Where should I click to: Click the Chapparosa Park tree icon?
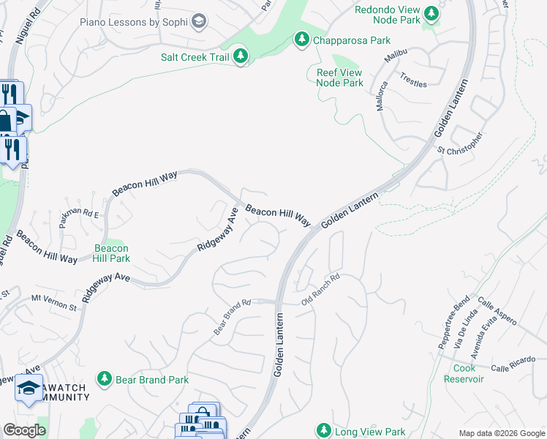(x=301, y=40)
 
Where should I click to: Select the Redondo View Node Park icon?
(x=431, y=12)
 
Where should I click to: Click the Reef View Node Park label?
(x=339, y=78)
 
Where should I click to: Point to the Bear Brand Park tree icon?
(x=105, y=379)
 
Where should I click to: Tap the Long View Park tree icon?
(x=325, y=431)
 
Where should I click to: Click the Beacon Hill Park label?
(x=112, y=254)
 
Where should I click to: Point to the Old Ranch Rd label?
(x=321, y=290)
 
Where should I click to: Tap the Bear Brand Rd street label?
(x=233, y=317)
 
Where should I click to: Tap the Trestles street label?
(x=413, y=80)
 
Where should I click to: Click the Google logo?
(x=24, y=430)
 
